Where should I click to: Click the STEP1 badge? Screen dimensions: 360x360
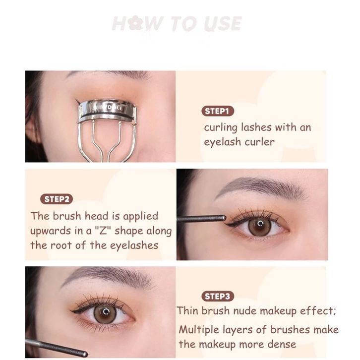click(217, 111)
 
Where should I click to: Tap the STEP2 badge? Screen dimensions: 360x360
click(57, 199)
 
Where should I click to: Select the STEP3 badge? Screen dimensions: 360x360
click(217, 296)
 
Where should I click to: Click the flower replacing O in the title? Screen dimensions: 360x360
click(134, 23)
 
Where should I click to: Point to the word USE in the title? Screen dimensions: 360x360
click(223, 23)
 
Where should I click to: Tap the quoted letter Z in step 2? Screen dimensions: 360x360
click(103, 231)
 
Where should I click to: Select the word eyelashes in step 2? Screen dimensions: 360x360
click(134, 245)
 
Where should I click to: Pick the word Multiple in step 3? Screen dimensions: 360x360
click(199, 330)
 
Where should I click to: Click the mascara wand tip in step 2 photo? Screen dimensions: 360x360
click(224, 218)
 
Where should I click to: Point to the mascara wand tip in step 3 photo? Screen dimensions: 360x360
click(85, 354)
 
